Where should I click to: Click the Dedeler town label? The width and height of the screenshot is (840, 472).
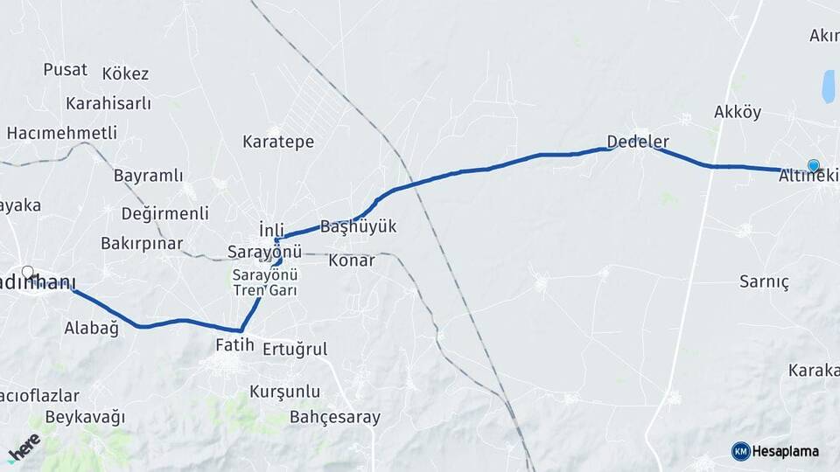[x=638, y=141]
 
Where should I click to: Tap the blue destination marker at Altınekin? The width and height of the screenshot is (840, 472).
[x=814, y=165]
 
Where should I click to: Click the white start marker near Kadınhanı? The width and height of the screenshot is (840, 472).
[x=28, y=272]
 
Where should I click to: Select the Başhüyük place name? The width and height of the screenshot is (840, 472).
[x=359, y=226]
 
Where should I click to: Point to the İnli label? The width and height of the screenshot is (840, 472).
[x=272, y=229]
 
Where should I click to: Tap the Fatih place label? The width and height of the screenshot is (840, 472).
[x=234, y=345]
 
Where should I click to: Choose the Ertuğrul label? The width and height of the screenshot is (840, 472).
[x=295, y=349]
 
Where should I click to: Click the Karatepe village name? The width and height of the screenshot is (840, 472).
[x=278, y=142]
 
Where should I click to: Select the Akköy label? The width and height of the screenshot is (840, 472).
[x=738, y=112]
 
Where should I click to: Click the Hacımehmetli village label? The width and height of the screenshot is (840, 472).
[x=61, y=133]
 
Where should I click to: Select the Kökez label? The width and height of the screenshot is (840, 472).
[x=125, y=73]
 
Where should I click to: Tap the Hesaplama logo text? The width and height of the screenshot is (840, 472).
[x=785, y=451]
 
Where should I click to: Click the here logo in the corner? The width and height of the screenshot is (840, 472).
[x=24, y=448]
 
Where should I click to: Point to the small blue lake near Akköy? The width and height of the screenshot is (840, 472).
[x=827, y=86]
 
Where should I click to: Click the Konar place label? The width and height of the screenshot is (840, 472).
[x=351, y=260]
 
